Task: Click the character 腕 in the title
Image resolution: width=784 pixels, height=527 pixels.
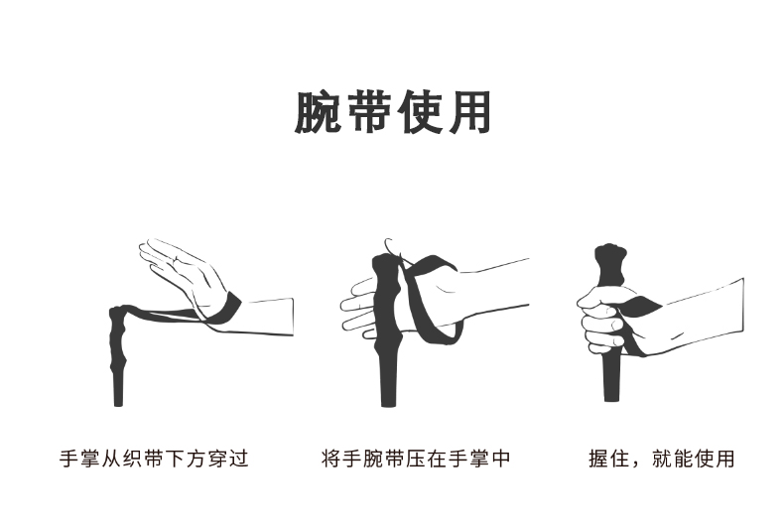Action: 318,112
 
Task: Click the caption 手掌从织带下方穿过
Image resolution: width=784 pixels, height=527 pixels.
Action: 154,459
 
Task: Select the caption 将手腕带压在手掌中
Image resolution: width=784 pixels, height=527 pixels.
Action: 416,459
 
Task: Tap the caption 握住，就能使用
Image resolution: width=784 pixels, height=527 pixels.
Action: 662,459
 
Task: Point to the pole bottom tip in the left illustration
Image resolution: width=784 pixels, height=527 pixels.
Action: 118,402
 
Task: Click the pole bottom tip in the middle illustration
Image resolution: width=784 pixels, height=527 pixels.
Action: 388,402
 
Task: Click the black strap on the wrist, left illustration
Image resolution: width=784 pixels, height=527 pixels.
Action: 226,308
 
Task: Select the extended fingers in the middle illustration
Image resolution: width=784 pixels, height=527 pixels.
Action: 357,305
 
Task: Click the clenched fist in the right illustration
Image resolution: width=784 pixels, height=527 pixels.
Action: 601,320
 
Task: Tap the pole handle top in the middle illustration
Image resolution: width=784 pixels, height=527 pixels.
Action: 385,261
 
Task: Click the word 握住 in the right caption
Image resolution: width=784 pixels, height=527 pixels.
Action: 609,459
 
